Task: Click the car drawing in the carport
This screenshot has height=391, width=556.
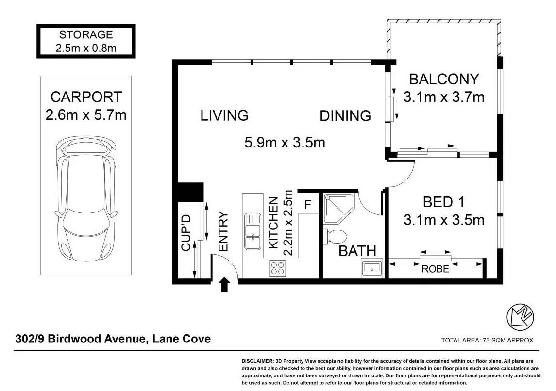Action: click(86, 198)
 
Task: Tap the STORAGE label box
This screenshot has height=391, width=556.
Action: click(86, 41)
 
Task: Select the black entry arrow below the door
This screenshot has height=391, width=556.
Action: click(224, 284)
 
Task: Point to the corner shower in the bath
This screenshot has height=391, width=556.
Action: click(338, 209)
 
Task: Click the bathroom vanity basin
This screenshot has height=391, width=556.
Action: click(372, 268)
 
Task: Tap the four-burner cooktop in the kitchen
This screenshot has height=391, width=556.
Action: click(277, 268)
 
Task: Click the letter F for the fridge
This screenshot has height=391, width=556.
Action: click(307, 204)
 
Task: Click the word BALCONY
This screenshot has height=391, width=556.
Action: click(444, 79)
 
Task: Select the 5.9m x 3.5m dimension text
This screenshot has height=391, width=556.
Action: click(285, 142)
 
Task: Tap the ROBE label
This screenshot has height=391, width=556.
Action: click(435, 269)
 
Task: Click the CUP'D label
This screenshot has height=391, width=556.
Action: click(186, 233)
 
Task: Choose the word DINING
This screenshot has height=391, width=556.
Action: click(345, 116)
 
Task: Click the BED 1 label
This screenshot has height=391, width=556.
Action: click(444, 202)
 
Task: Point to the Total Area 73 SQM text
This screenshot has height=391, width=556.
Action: click(488, 340)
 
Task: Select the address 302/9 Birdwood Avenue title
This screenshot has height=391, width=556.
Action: click(113, 339)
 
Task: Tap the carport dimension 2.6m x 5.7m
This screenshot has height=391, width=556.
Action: click(86, 115)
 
